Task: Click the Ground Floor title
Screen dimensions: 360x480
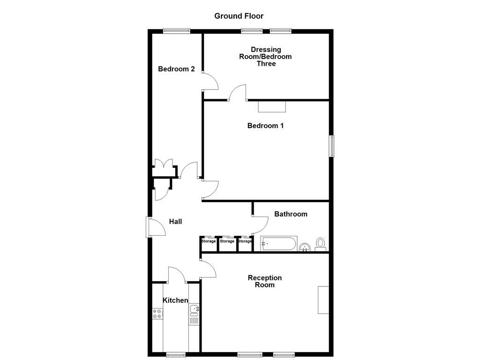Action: pos(239,16)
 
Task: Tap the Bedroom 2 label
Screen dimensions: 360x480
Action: pos(176,69)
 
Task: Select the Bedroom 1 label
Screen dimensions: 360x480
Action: pos(265,126)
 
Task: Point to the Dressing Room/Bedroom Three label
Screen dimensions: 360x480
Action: pos(266,56)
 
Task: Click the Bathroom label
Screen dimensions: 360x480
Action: pos(291,214)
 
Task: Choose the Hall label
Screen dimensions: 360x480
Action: pos(175,222)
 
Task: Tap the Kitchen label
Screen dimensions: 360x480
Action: pos(175,300)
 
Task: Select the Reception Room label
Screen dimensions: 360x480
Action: pos(265,281)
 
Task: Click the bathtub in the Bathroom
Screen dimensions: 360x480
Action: pos(278,244)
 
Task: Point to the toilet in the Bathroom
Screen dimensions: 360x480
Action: pos(321,244)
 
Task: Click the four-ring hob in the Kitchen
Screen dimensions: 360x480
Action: pos(157,314)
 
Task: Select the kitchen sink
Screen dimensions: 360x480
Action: pos(194,309)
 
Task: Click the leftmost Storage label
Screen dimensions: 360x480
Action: pos(209,241)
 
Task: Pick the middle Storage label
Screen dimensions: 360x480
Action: pos(227,241)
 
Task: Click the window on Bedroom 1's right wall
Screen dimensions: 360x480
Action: pos(331,146)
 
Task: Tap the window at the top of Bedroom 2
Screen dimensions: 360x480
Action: pos(177,31)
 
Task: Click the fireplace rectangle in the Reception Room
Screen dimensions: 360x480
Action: pos(323,300)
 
